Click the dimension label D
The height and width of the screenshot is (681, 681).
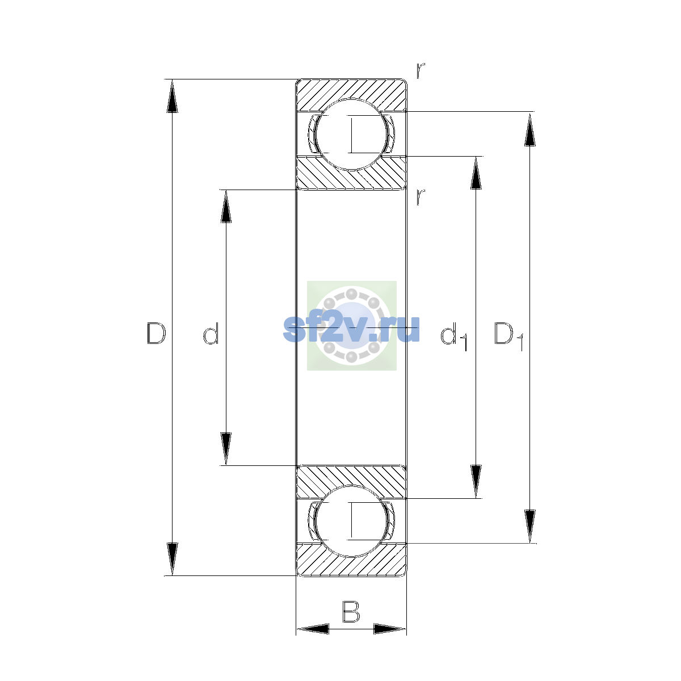[156, 333]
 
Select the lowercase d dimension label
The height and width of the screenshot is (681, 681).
[211, 333]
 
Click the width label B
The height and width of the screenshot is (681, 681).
[351, 612]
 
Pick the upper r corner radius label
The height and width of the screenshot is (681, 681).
[420, 71]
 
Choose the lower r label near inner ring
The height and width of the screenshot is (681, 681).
[420, 197]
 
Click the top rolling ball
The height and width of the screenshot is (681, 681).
[351, 134]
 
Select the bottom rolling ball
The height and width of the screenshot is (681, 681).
[351, 521]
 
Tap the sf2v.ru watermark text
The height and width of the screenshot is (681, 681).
[351, 329]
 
